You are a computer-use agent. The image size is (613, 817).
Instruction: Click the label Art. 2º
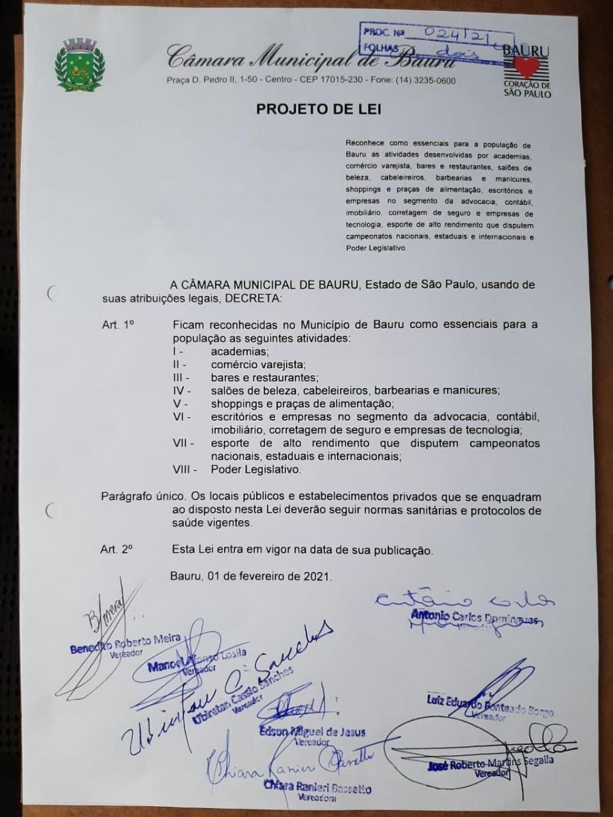coord(116,549)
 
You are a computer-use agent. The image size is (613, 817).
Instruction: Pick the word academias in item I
coord(240,351)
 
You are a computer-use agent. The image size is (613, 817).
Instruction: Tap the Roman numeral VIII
coord(185,469)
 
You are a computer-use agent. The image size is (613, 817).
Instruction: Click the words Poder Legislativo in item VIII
coord(255,469)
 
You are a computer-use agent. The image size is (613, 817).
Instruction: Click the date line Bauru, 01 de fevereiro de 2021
coord(251,576)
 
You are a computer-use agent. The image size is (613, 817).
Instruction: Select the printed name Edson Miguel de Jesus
coord(313,733)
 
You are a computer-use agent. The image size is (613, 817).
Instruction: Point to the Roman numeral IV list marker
coord(180,390)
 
